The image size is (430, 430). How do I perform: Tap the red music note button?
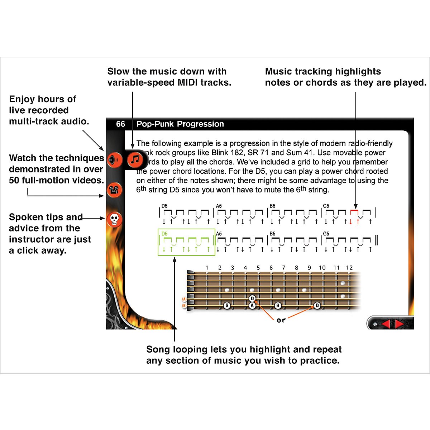point(135,159)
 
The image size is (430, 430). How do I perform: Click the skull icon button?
point(114,219)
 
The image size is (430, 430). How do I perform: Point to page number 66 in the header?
point(120,124)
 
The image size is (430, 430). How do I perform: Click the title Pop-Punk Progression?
point(180,124)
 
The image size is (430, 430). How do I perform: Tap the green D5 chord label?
point(164,234)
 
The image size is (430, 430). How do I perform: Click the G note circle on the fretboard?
point(227,306)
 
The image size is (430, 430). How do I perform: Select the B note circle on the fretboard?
point(278,306)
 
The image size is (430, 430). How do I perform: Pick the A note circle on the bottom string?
point(252,306)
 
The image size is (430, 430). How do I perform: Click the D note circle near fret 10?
point(317,306)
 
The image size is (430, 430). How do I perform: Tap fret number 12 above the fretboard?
point(349,268)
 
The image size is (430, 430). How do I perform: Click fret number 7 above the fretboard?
point(283,268)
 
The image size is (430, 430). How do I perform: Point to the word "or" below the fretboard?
point(281,320)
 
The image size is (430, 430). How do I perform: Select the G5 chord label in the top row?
point(326,206)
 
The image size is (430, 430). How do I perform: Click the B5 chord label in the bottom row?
point(273,234)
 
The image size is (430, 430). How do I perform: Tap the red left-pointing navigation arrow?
point(386,324)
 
